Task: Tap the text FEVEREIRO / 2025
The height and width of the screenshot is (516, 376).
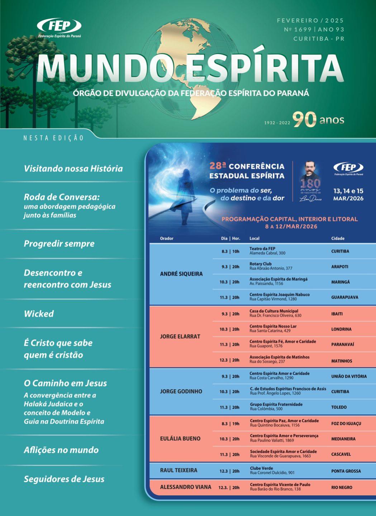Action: pos(310,21)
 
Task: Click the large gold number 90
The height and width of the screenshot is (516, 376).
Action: pos(305,120)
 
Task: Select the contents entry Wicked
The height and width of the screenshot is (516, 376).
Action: pos(39,314)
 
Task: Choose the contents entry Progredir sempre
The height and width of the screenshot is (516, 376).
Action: pos(59,244)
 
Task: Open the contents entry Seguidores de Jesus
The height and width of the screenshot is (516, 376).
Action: pos(64,479)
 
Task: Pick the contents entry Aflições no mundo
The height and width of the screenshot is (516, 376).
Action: pos(61,450)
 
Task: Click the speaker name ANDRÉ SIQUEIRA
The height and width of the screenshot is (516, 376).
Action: pos(181,274)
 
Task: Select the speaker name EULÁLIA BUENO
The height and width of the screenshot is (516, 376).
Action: pos(180,439)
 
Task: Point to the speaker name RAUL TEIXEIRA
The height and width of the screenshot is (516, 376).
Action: pos(179,470)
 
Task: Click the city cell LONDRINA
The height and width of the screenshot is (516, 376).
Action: pos(341,329)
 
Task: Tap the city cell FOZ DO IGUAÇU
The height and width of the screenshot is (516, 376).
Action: pos(346,424)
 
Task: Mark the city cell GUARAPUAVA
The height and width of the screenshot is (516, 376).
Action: pos(344,297)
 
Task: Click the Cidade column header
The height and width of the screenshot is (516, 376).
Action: pos(338,238)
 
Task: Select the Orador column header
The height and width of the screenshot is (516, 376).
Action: pos(167,238)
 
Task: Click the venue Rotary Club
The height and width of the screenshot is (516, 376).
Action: pos(261,264)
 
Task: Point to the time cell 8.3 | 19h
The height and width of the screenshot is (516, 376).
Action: pos(230,424)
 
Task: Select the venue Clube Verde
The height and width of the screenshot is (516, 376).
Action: pos(261,468)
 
